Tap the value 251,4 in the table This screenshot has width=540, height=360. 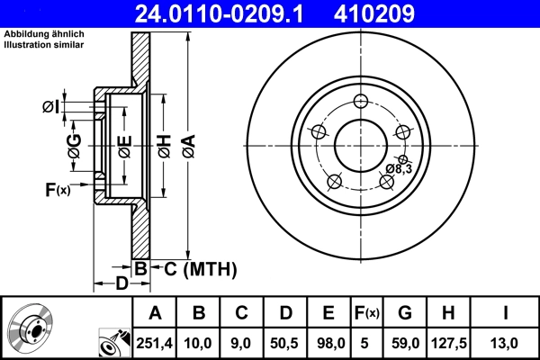[155, 342]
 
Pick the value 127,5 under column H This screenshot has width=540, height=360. [446, 342]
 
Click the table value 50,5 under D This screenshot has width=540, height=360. [284, 342]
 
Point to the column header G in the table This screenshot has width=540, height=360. [405, 314]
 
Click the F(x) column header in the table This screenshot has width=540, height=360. [367, 314]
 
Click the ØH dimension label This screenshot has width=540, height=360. [164, 145]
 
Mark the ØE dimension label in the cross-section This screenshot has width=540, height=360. [123, 145]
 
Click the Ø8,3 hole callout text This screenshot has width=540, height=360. [398, 168]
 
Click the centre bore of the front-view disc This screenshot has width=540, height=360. [360, 144]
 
